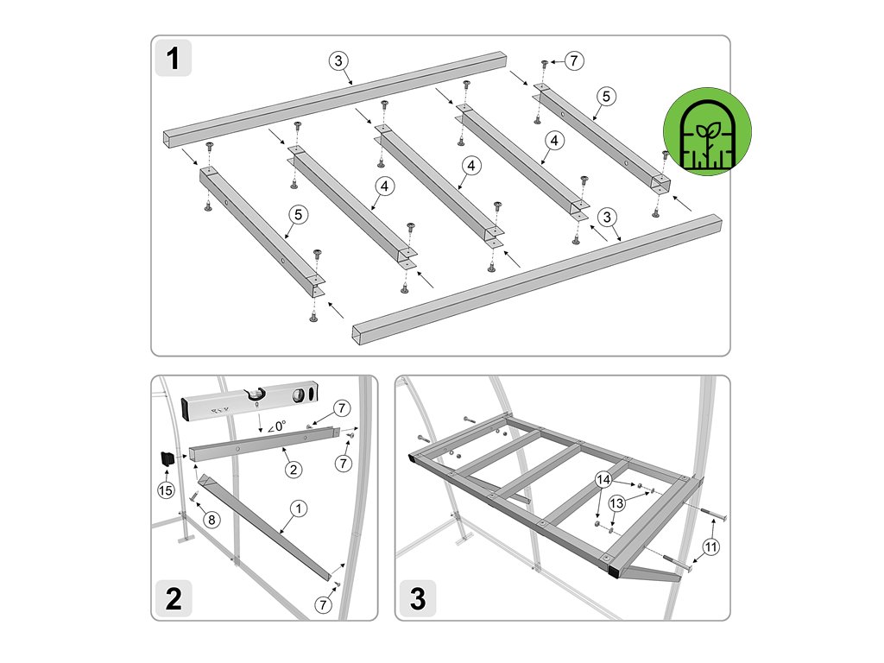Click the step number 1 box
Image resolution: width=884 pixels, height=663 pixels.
(173, 58)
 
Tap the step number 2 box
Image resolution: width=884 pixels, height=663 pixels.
(173, 598)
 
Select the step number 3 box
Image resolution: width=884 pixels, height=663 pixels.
(418, 598)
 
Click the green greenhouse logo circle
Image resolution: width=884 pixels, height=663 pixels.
(708, 131)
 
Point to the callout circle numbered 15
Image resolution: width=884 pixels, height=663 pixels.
(166, 490)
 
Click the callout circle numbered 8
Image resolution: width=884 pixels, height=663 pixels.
(212, 519)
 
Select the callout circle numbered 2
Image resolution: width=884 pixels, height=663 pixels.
(294, 470)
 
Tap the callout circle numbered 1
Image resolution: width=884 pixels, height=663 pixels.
(299, 508)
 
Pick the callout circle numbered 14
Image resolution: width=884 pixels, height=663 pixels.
(603, 480)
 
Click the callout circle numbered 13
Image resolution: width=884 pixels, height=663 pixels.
(616, 503)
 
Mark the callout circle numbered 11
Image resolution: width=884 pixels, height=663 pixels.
(711, 546)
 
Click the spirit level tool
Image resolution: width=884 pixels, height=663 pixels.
(250, 400)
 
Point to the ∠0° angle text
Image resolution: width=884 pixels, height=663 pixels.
(276, 426)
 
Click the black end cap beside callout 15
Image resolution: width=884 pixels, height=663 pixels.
(167, 458)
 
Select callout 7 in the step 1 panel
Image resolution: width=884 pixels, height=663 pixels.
(574, 60)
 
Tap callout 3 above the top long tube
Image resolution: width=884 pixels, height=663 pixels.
(338, 61)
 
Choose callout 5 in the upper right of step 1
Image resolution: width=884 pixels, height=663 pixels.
(606, 97)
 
